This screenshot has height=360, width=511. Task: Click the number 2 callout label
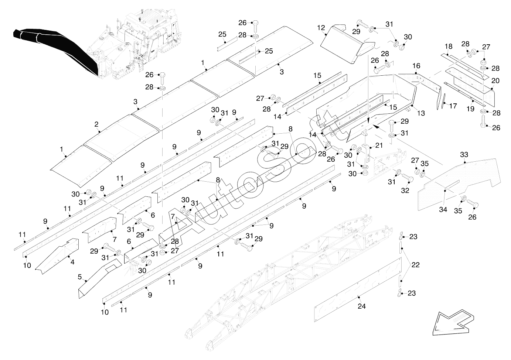[96, 124]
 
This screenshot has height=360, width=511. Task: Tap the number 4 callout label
[72, 262]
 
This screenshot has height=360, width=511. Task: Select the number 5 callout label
[79, 277]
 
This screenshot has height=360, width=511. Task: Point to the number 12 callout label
[321, 28]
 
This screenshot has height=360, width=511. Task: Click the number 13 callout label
[421, 113]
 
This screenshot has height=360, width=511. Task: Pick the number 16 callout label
[416, 66]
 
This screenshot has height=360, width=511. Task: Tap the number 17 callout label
[453, 106]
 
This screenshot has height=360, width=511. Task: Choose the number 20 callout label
[495, 81]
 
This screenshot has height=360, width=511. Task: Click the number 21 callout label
[379, 145]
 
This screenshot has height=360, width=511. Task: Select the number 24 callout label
[362, 306]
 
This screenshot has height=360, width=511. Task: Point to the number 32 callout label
[405, 191]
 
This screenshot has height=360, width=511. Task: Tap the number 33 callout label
[464, 155]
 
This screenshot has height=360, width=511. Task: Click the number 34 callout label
[443, 209]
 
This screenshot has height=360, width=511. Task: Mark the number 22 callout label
[415, 265]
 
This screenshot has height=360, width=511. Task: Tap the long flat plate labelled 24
[358, 290]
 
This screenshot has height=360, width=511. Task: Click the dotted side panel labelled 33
[459, 185]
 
